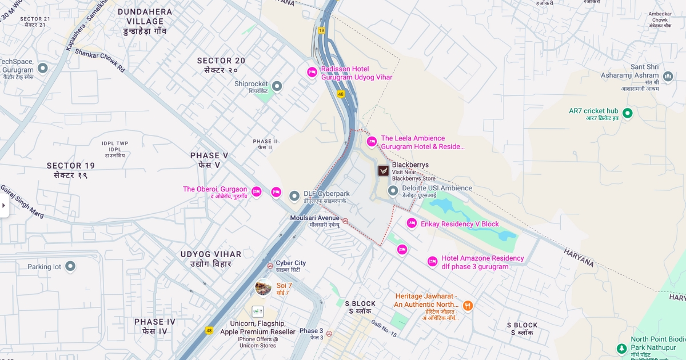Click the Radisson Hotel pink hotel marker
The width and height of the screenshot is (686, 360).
point(312,72)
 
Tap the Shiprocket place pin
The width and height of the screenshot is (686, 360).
point(277,86)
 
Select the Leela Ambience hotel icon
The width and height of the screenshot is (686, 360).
point(372,142)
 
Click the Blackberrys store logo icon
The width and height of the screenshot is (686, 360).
point(383,170)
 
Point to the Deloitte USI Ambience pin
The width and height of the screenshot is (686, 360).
point(393,191)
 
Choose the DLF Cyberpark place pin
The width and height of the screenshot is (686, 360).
point(294,197)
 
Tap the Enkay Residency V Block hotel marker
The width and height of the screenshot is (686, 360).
point(412,223)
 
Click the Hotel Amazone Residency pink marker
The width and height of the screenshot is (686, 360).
point(432,262)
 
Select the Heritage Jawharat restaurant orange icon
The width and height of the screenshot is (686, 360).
point(468,306)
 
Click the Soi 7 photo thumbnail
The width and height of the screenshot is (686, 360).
point(263,287)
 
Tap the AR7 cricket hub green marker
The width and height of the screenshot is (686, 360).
point(627,113)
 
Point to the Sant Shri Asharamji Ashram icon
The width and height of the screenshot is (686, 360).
point(668,76)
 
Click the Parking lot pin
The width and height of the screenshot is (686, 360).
point(70,266)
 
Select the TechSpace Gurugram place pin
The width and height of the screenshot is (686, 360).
point(42,69)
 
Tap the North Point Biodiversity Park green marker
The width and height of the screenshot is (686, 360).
point(622,348)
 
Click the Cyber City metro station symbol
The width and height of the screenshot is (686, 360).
point(270,265)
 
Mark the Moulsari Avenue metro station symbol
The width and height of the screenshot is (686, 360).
point(345,221)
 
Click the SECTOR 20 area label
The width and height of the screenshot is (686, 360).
point(221,61)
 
